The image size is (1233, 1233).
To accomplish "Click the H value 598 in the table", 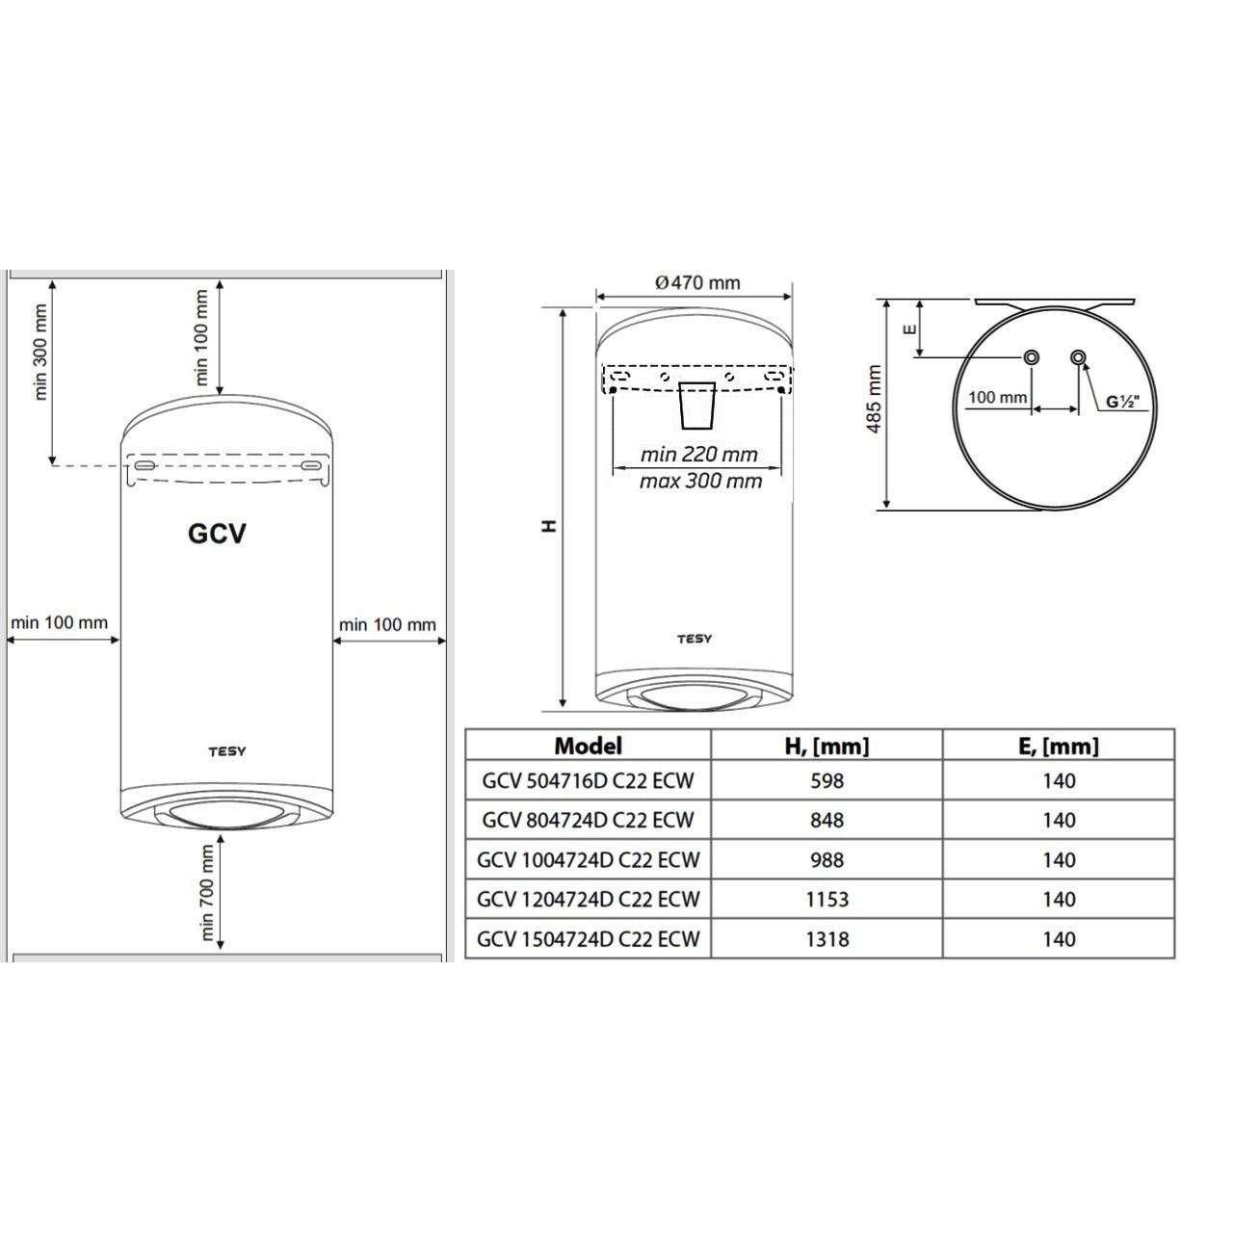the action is tap(826, 781).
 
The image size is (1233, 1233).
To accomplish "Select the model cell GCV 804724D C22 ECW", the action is tap(588, 821).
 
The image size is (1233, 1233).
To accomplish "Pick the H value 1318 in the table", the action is tap(826, 939).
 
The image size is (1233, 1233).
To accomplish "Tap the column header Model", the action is tap(588, 747).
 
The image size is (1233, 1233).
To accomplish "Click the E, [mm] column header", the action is tap(1059, 747).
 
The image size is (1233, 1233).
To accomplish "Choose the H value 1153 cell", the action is tap(826, 900).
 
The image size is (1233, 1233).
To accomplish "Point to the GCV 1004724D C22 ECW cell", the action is tap(588, 860).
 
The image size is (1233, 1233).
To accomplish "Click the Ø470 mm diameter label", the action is tap(697, 283).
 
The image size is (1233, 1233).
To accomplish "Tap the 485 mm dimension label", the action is tap(874, 399).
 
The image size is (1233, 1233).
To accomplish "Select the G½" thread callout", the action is tap(1123, 402).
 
